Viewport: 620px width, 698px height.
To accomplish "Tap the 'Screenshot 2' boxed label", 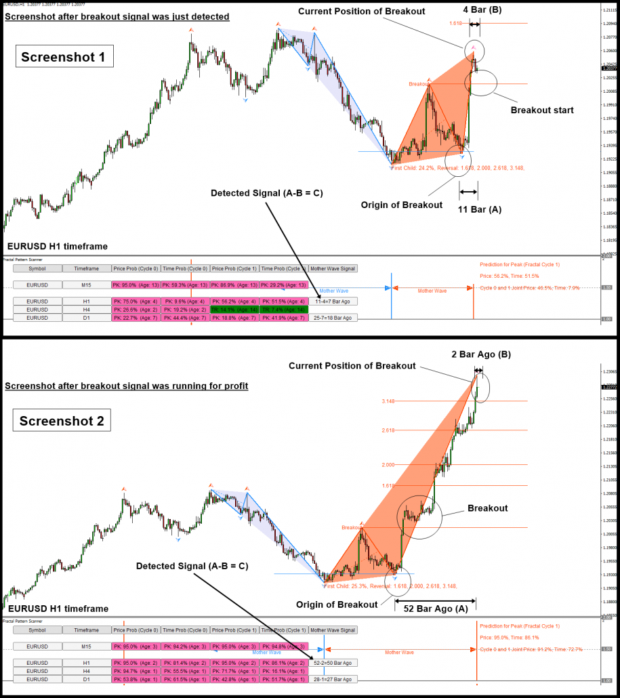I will [62, 421].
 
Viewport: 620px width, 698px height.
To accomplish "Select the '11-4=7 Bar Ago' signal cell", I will [333, 301].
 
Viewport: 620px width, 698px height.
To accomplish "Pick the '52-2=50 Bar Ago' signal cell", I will [333, 662].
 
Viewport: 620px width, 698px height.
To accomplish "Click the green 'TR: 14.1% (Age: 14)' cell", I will [234, 309].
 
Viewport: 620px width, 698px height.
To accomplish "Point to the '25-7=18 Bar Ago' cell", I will [333, 317].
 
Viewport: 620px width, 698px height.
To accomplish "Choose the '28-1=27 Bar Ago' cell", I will [333, 678].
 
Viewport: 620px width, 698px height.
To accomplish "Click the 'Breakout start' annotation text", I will [542, 110].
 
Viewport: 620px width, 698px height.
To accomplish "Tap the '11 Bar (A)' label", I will [480, 209].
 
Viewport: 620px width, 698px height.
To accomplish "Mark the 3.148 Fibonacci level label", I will [388, 401].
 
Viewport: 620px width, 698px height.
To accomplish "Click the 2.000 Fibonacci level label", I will [388, 464].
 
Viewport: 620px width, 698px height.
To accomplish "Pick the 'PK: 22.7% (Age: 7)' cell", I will [136, 317].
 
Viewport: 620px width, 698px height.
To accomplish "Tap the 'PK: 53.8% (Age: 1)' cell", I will [136, 678].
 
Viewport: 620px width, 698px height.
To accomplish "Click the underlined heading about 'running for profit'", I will [126, 386].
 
